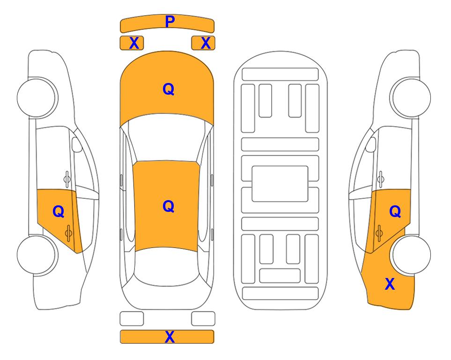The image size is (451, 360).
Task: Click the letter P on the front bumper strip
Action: pos(170,22)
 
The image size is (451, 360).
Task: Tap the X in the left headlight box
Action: pos(134,43)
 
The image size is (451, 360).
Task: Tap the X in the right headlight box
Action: pos(206,43)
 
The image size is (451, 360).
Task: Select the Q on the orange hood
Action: pos(168,89)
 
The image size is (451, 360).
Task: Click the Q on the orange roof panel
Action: pos(168,206)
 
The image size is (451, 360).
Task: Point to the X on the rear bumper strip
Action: pos(170,337)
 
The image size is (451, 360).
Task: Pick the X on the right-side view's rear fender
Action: pos(390,284)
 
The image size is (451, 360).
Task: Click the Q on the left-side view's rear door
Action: pos(59,211)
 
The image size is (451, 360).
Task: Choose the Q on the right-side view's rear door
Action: pos(395,211)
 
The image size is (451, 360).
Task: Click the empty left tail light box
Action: pos(132,319)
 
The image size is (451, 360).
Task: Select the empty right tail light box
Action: pos(203,319)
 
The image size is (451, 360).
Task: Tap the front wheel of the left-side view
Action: pos(37,97)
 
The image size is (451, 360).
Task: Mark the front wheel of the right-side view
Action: pos(410,97)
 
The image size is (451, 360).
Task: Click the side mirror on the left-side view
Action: pos(77,144)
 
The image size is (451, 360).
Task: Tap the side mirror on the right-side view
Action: pos(371,144)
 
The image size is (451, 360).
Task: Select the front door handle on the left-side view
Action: pos(67,179)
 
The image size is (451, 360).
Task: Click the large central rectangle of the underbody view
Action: pos(280,184)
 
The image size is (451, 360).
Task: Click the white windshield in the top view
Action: pos(167,138)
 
